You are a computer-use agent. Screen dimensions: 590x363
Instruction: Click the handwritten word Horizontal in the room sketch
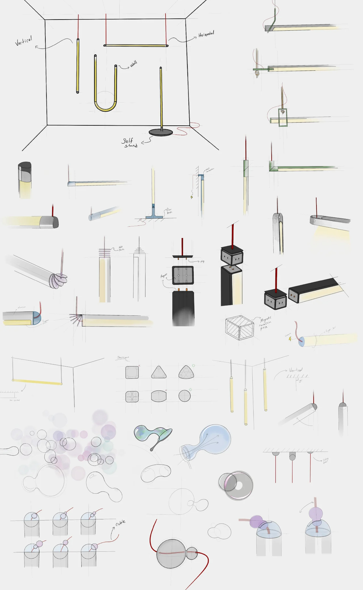(x=206, y=34)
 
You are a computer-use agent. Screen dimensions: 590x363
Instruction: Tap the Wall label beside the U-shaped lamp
(x=134, y=64)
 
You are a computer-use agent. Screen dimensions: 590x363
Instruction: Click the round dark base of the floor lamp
(x=161, y=132)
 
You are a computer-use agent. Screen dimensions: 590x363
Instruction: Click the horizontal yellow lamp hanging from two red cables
(x=136, y=45)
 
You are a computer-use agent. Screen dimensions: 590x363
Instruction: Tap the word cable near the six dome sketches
(x=120, y=523)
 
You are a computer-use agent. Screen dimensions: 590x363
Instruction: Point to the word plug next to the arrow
(x=202, y=261)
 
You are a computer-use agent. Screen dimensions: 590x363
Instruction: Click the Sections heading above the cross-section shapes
(x=123, y=357)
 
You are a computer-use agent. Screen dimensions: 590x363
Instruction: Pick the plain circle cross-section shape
(x=185, y=396)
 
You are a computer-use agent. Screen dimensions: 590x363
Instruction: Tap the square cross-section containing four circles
(x=132, y=396)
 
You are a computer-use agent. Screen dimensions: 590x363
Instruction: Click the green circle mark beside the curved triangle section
(x=193, y=366)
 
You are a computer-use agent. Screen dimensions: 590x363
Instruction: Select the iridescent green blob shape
(x=147, y=433)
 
